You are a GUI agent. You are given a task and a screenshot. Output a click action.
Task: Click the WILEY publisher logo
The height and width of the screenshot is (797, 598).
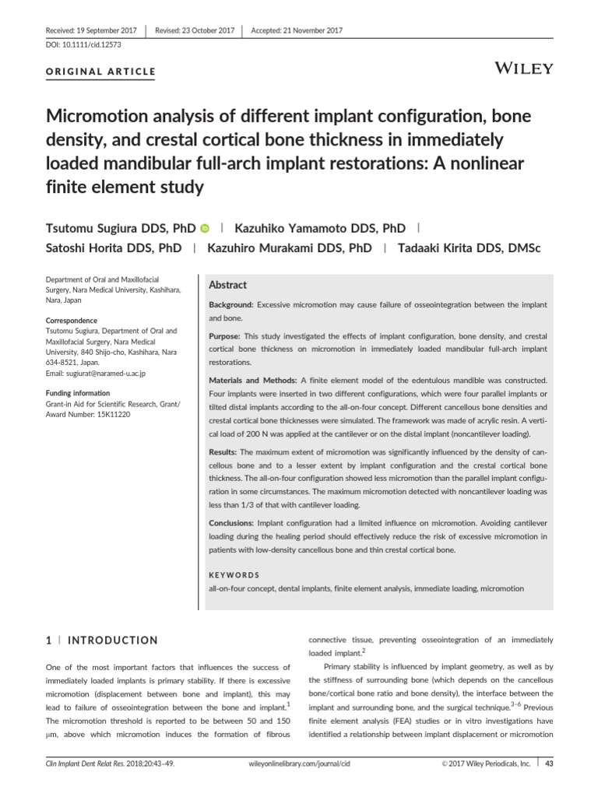[x=525, y=68]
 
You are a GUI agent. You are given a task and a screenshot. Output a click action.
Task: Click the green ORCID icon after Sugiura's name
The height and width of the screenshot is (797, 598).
[x=206, y=229]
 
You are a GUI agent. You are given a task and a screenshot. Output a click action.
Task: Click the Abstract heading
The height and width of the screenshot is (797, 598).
[x=228, y=286]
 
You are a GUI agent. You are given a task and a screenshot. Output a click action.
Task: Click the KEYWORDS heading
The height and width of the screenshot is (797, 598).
[x=234, y=574]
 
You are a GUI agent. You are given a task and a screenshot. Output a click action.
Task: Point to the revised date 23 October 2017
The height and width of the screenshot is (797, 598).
[x=195, y=30]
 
